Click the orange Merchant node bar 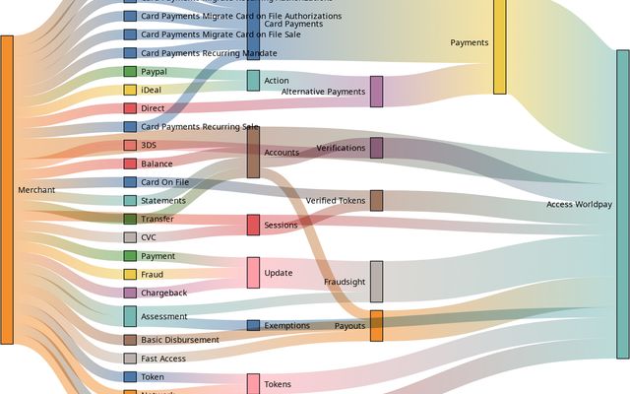click(x=7, y=189)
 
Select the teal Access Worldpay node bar click(x=622, y=204)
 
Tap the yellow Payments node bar click(x=499, y=45)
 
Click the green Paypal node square click(x=130, y=72)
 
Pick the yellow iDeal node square click(x=130, y=90)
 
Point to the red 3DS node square click(x=130, y=145)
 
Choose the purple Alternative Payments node click(x=376, y=92)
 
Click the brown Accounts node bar click(x=253, y=152)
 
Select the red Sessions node click(x=253, y=225)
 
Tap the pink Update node click(x=253, y=272)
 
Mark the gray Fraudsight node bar click(x=376, y=282)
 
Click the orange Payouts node click(x=376, y=326)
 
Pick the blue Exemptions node click(x=253, y=325)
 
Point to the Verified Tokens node click(x=376, y=201)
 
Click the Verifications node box click(x=376, y=148)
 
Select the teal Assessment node click(x=130, y=316)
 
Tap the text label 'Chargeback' click(x=162, y=293)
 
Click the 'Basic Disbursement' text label click(x=182, y=340)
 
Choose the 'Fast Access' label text click(x=162, y=359)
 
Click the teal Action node click(x=253, y=80)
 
